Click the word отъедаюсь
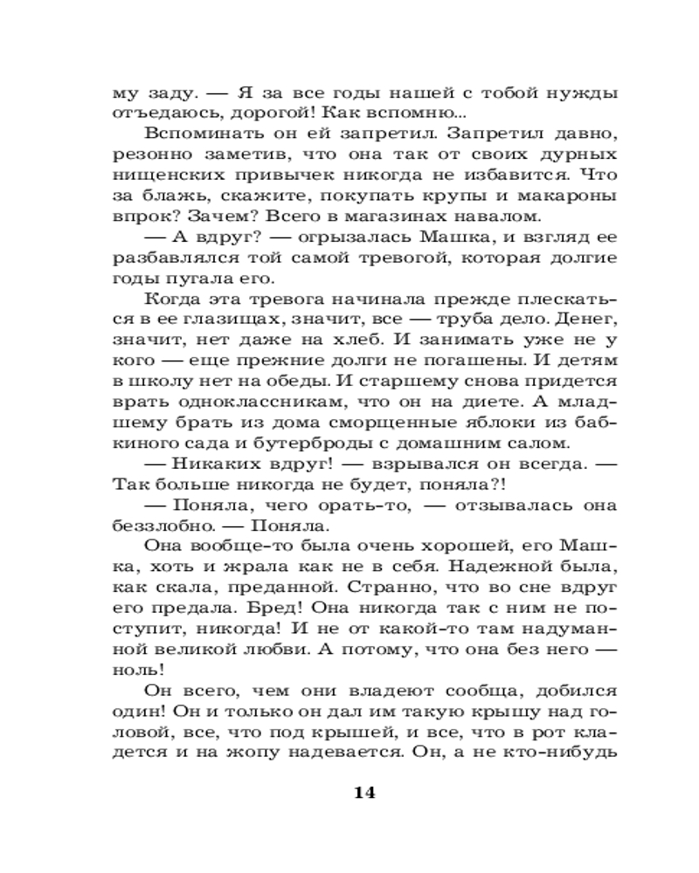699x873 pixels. tap(156, 113)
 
